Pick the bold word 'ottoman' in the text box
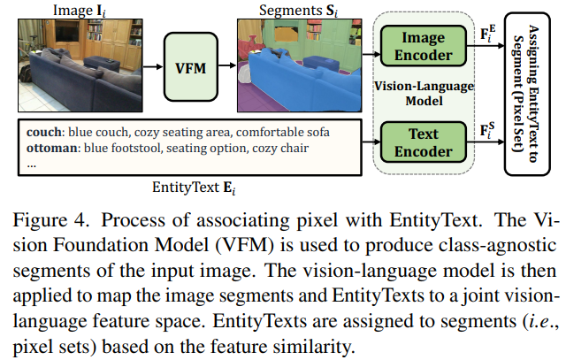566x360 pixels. [45, 148]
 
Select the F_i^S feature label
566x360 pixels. [488, 134]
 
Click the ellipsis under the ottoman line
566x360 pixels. [31, 164]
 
